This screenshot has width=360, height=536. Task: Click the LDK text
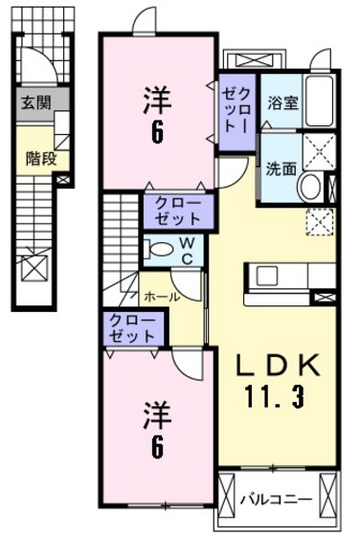272,367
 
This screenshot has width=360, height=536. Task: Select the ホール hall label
161,298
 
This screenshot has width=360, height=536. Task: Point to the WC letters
189,249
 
